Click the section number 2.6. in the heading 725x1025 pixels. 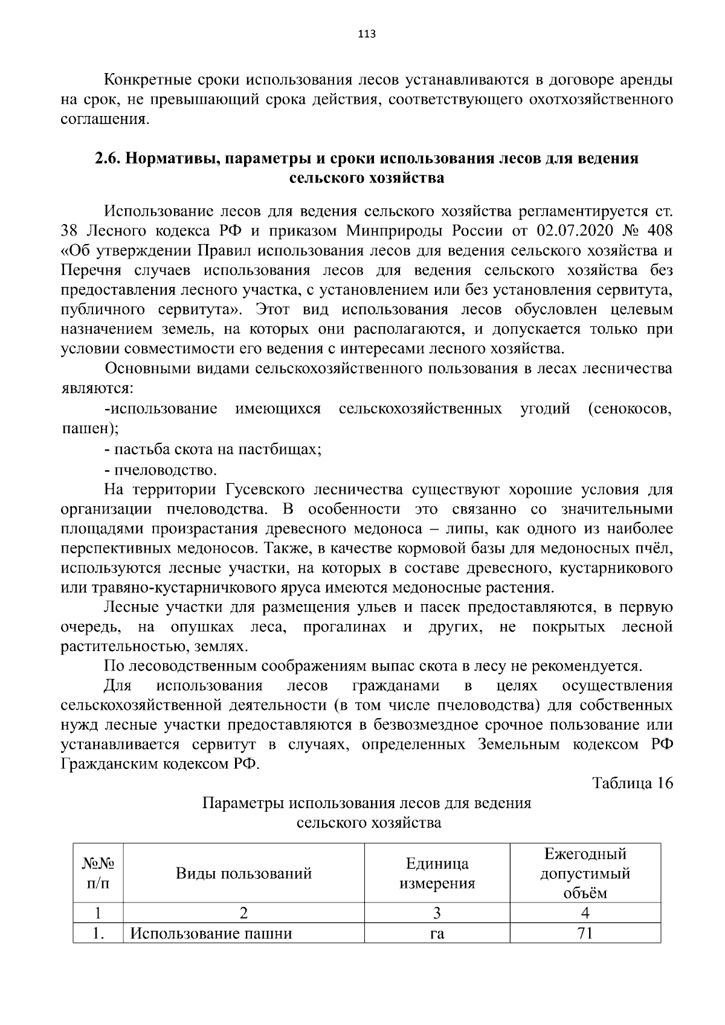pyautogui.click(x=109, y=159)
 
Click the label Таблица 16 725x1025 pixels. pyautogui.click(x=633, y=783)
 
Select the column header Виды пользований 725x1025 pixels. pyautogui.click(x=243, y=873)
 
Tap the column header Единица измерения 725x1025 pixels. pyautogui.click(x=437, y=873)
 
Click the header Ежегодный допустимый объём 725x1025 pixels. pyautogui.click(x=585, y=873)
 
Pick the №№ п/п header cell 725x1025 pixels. pyautogui.click(x=98, y=873)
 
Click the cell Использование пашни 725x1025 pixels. pyautogui.click(x=211, y=934)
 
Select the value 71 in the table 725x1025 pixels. pyautogui.click(x=585, y=934)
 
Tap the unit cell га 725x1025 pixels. pyautogui.click(x=437, y=934)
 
